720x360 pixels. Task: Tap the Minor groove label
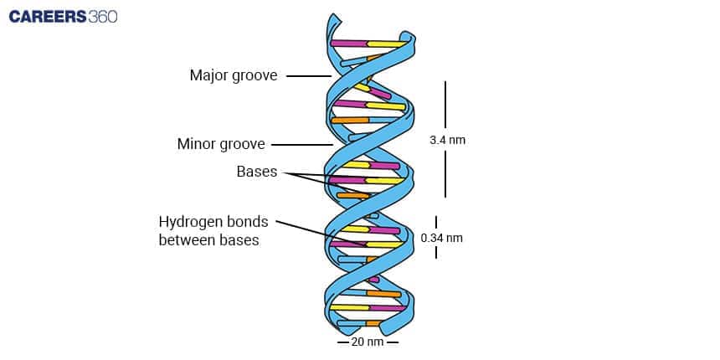(x=221, y=144)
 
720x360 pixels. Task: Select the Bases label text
(x=256, y=172)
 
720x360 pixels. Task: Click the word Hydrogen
(x=189, y=223)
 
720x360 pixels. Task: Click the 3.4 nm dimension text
(x=447, y=140)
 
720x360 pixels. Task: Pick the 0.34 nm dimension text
(x=442, y=238)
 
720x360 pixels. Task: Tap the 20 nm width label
(x=368, y=342)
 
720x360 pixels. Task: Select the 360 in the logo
(x=101, y=18)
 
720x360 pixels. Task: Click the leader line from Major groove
(x=309, y=76)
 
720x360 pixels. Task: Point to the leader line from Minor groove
(x=301, y=144)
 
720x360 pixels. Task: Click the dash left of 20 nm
(x=342, y=342)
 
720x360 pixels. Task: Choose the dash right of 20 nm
(x=393, y=342)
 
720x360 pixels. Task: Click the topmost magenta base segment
(x=348, y=43)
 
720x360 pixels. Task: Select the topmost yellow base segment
(x=386, y=44)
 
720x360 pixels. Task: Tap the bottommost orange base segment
(x=373, y=322)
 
